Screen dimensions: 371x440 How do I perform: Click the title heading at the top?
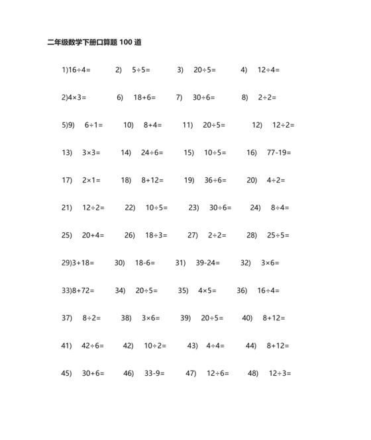[93, 42]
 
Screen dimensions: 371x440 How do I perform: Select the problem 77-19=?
[279, 153]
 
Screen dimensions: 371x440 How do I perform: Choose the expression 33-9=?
[154, 373]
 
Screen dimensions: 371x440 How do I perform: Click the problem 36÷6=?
[215, 180]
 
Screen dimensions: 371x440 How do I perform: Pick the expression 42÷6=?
[93, 345]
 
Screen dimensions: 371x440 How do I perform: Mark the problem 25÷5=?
[278, 235]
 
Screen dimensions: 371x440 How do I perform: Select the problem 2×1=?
[91, 180]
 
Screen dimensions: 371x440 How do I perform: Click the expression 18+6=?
[144, 97]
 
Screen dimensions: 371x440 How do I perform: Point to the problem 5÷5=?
[141, 69]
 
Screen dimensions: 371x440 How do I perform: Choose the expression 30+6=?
[93, 373]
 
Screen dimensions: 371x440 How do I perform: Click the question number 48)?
[253, 373]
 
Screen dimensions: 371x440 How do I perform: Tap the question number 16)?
[251, 153]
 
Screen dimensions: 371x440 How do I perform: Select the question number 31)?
[180, 263]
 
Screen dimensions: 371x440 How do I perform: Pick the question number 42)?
[128, 345]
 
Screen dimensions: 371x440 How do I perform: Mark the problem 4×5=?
[208, 290]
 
